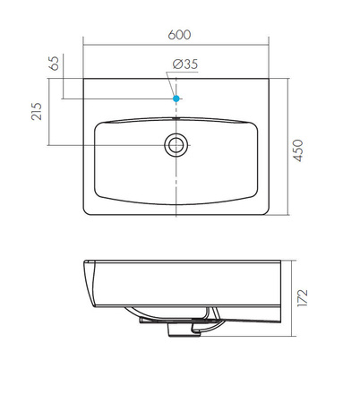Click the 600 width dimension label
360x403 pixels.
tap(179, 35)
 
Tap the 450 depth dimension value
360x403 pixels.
tap(298, 150)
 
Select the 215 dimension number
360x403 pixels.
tap(37, 111)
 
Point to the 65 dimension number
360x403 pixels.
tap(54, 64)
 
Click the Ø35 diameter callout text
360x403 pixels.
tap(185, 64)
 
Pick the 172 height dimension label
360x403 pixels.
tap(302, 297)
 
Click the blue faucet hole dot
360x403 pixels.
tap(176, 99)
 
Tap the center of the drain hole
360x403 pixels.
tap(176, 145)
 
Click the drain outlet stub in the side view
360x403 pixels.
tap(184, 330)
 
